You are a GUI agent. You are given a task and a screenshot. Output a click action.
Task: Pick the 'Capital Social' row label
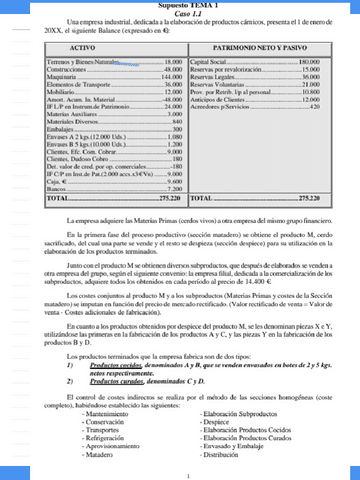coord(211,62)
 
